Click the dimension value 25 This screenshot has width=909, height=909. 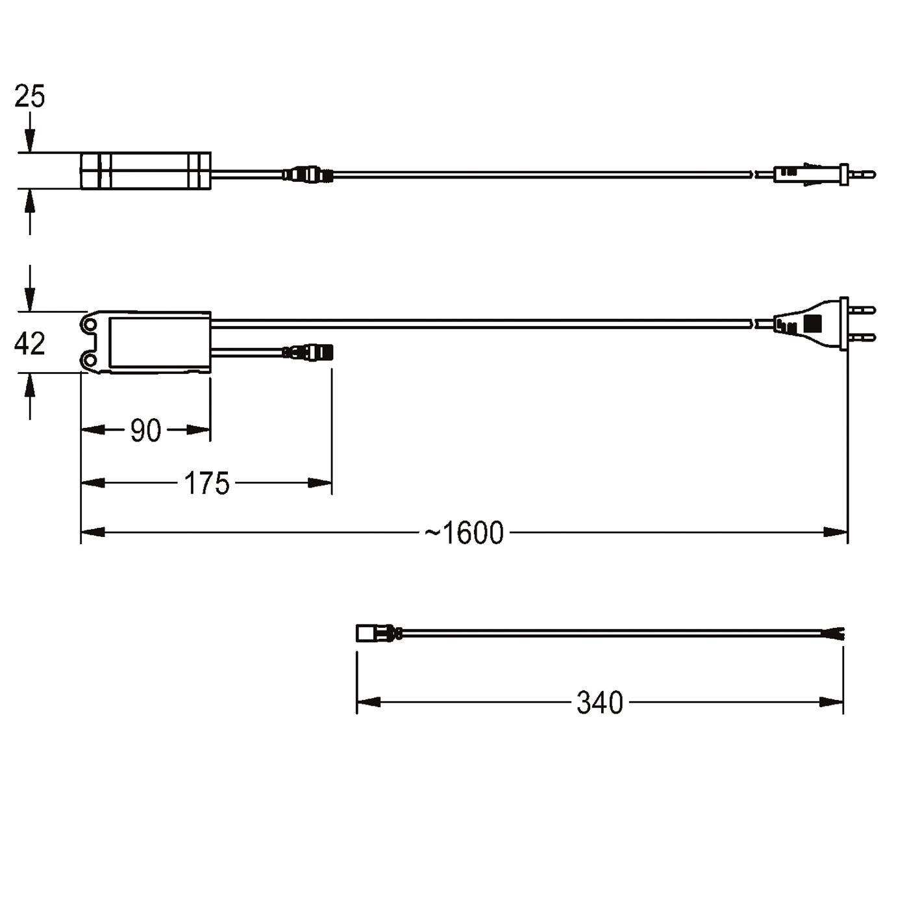[x=29, y=97]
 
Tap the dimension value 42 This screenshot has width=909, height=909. [x=29, y=343]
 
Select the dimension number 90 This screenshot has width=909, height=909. [x=145, y=430]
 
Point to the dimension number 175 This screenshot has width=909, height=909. [x=206, y=484]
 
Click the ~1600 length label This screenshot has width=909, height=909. [x=464, y=533]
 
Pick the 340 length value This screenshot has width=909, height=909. [x=599, y=703]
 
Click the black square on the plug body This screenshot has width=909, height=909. [x=812, y=323]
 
